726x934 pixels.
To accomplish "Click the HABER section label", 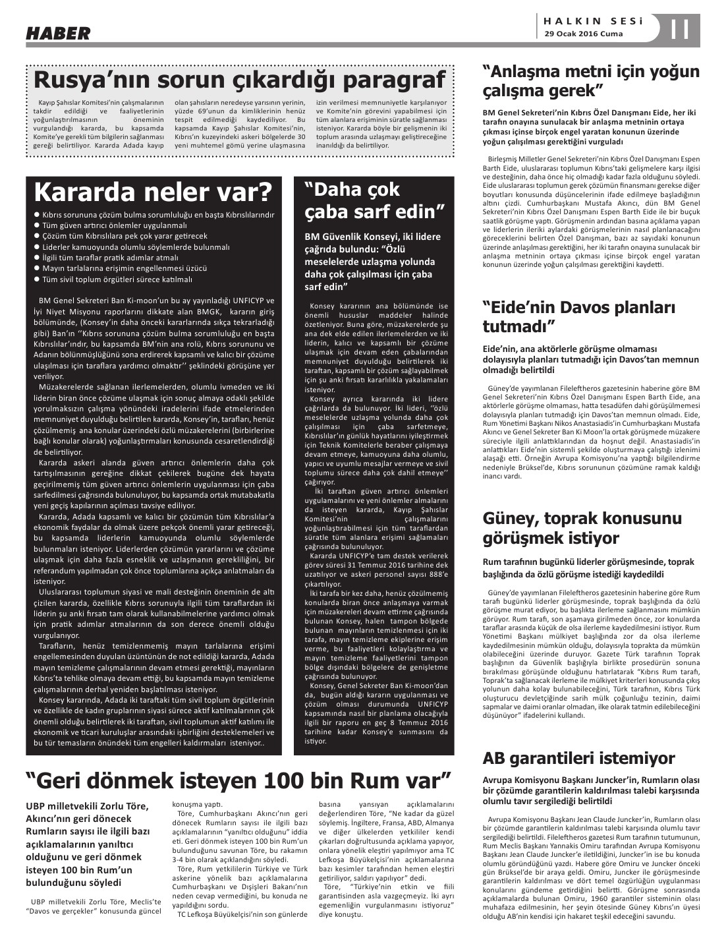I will [58, 33].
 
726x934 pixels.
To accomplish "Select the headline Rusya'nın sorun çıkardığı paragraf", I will [240, 80].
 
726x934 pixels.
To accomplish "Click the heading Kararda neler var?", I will [153, 192].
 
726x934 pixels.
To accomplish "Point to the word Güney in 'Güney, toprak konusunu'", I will [511, 517].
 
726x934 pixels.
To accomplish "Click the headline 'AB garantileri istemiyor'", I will [578, 758].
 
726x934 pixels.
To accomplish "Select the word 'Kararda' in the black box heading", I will [81, 192].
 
